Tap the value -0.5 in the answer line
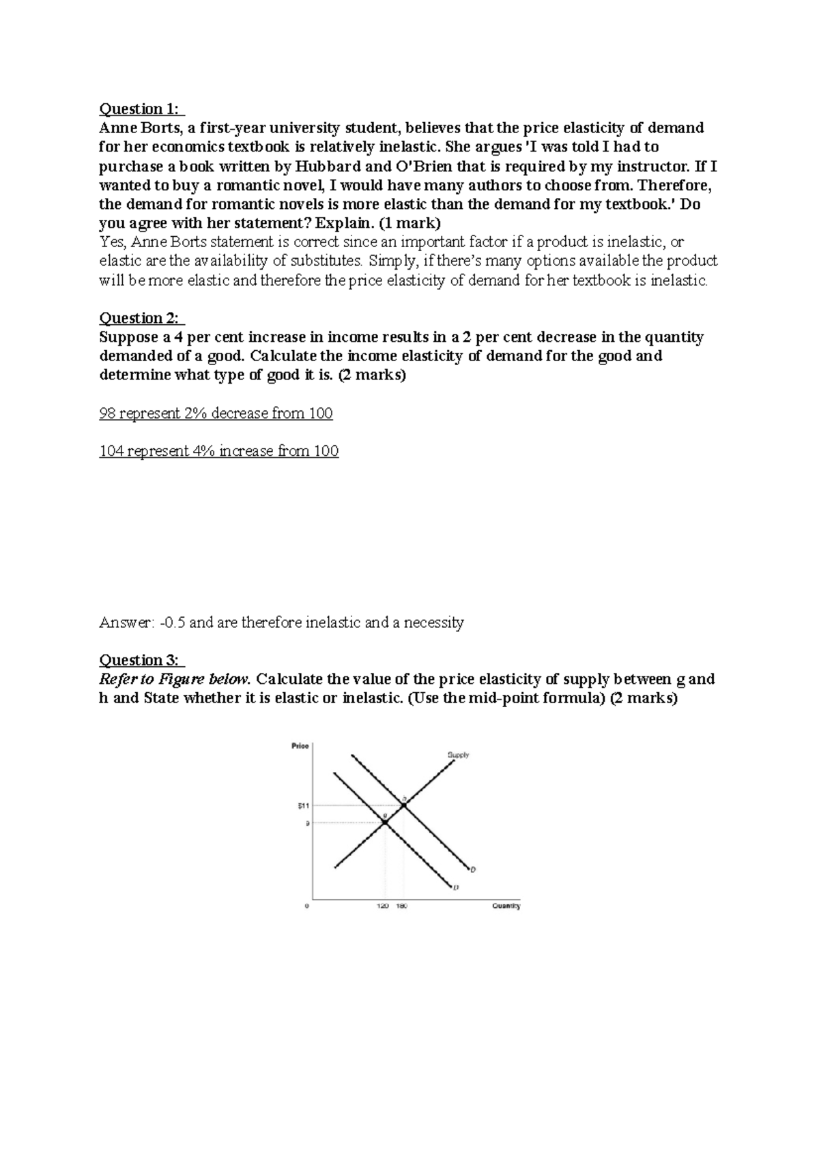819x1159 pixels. [x=173, y=623]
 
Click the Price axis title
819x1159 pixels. [x=300, y=746]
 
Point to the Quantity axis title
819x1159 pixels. [x=506, y=906]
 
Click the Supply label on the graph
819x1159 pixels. [x=458, y=755]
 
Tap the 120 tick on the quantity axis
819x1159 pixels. [x=383, y=906]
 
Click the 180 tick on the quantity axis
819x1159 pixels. [x=402, y=906]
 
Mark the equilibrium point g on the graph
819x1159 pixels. [x=385, y=822]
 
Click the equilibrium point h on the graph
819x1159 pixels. [x=404, y=806]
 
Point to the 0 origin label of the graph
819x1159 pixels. [x=306, y=906]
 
